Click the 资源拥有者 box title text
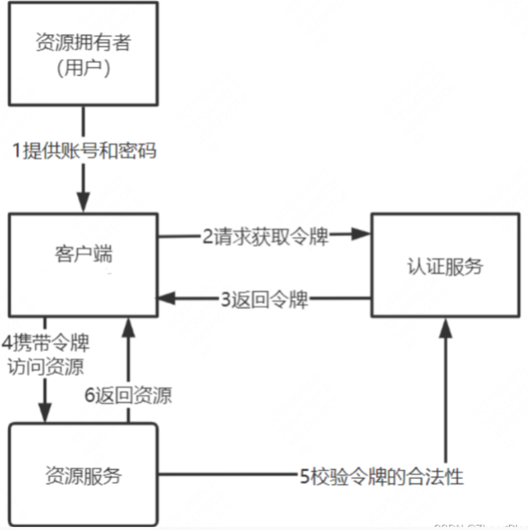(x=83, y=42)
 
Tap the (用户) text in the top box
(x=83, y=68)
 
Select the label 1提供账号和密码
(x=84, y=150)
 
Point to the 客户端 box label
(x=83, y=254)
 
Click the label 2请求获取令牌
(x=265, y=236)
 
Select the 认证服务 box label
(x=445, y=267)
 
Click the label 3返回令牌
(x=264, y=299)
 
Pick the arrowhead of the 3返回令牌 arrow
(x=167, y=298)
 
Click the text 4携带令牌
(x=45, y=342)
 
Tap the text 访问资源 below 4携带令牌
(x=45, y=366)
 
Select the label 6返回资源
(x=128, y=395)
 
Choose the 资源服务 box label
(x=83, y=476)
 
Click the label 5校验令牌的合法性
(x=381, y=477)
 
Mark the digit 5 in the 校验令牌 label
(x=304, y=477)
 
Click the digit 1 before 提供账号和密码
(x=16, y=150)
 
